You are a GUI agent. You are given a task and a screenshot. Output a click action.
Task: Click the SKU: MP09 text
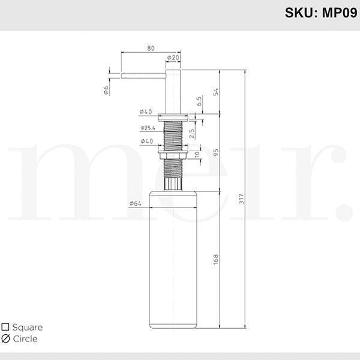coord(321,13)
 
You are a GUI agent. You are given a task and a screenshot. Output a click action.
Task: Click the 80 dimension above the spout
coord(151,49)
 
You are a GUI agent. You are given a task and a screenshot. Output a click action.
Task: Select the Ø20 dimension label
coord(173,58)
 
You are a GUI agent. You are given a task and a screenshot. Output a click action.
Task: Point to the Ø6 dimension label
coord(106,90)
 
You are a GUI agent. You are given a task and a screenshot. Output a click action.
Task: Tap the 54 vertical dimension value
coord(216,92)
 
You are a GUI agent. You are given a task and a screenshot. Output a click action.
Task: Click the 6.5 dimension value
coord(199,101)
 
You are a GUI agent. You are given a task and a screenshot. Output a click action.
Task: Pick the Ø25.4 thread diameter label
coord(148,128)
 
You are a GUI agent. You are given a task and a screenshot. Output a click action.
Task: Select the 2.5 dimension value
coord(192,134)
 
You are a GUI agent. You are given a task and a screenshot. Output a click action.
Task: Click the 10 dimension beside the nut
coord(197,154)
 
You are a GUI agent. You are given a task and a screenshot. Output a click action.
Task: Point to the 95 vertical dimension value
coord(216,152)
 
